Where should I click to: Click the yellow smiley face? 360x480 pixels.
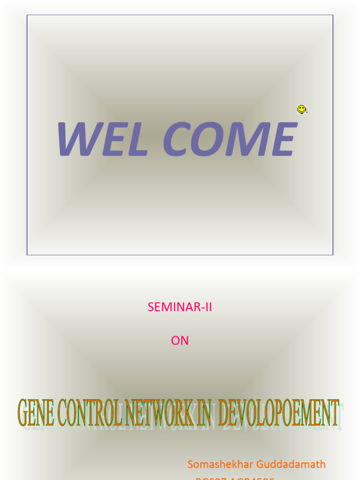click(301, 109)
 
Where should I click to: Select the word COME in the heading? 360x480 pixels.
click(230, 139)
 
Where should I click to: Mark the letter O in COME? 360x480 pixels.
click(208, 139)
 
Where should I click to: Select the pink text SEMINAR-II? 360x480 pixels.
click(180, 307)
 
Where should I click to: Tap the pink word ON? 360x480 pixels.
click(180, 341)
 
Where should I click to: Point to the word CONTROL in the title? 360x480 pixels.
click(91, 412)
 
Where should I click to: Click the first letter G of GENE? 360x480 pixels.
click(23, 412)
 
